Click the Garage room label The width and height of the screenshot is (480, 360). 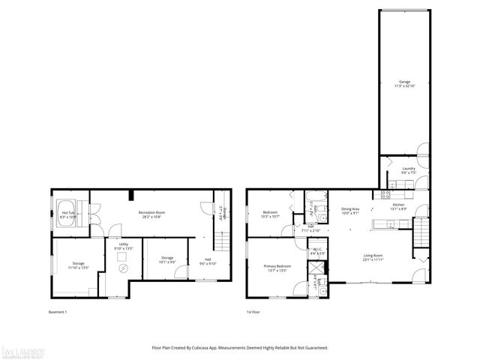404,83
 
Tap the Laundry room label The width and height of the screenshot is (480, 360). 408,170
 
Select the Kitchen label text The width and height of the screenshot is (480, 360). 398,207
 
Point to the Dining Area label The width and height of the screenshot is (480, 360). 350,211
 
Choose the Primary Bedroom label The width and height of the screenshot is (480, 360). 277,268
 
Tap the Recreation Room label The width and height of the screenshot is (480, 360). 151,214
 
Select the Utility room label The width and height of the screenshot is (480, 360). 122,246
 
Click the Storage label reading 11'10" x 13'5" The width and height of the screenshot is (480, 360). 78,265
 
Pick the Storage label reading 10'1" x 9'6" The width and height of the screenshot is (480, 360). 167,260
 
